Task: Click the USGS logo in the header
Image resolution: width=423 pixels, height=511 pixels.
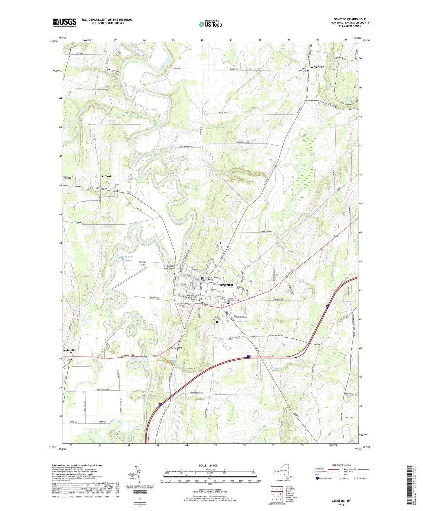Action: (64, 23)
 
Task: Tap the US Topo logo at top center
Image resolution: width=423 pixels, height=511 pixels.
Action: (210, 24)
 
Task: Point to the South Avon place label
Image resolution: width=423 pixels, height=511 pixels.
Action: (317, 67)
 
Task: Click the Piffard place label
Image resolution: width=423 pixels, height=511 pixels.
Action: (106, 176)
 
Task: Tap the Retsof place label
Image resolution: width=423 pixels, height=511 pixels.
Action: (69, 178)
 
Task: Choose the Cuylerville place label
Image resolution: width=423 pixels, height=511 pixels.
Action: (69, 350)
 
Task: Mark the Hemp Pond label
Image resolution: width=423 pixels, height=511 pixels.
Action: (127, 257)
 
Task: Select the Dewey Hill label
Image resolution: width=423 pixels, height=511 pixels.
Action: (176, 348)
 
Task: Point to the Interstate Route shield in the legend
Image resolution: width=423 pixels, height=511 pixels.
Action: (318, 478)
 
